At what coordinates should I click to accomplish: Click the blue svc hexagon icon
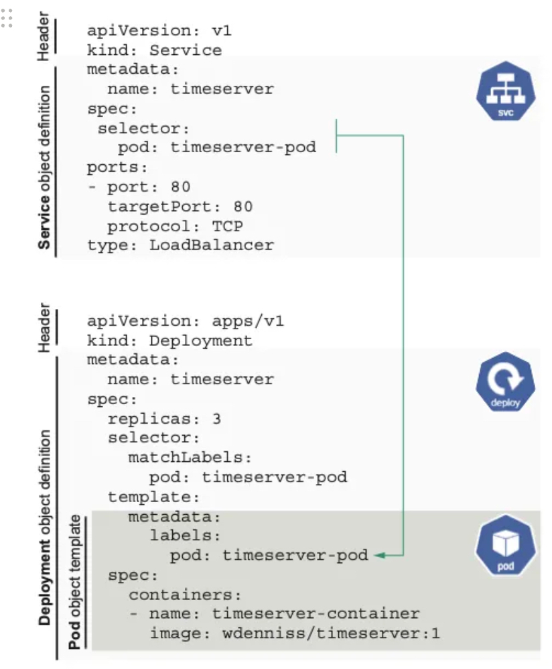coord(506,91)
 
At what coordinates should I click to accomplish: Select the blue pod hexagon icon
coord(506,545)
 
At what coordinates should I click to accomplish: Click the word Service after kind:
coord(186,50)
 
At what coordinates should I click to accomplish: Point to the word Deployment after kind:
coord(201,341)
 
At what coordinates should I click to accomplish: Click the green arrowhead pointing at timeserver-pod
coord(380,555)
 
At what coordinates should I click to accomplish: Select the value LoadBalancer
coord(212,245)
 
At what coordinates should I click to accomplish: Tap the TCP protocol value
coord(228,226)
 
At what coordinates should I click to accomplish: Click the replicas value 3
coord(216,418)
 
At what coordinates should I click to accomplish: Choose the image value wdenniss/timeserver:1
coord(331,633)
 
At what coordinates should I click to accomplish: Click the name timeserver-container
coord(316,613)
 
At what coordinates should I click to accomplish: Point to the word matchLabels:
coord(190,457)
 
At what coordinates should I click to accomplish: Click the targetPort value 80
coord(243,206)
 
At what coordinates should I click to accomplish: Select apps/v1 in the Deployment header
coord(248,321)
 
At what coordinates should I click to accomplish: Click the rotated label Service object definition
coord(44,168)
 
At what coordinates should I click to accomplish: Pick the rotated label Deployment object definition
coord(44,528)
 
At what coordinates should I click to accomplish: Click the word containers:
coord(185,595)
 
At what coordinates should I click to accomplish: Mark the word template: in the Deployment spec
coord(154,497)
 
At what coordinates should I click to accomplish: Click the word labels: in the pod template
coord(185,536)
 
